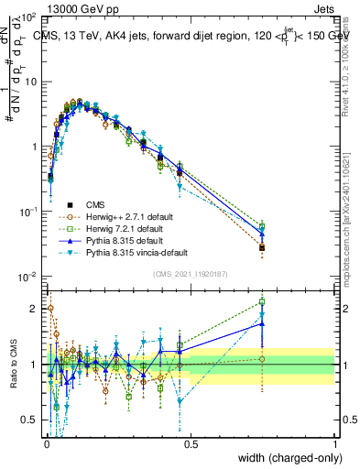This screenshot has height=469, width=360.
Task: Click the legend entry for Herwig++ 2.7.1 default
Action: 123,216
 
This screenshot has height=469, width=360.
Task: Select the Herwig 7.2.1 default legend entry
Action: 120,229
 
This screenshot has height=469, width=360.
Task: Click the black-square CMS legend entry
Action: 97,204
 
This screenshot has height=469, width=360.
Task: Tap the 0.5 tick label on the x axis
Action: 190,442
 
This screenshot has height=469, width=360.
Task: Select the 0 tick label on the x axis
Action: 46,442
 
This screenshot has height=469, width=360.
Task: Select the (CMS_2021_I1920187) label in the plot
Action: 190,272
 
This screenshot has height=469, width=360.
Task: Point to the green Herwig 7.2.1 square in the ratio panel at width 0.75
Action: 262,301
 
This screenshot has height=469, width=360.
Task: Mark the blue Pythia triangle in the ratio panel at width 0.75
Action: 262,323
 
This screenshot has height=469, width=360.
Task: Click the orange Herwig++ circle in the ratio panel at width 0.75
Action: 262,358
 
